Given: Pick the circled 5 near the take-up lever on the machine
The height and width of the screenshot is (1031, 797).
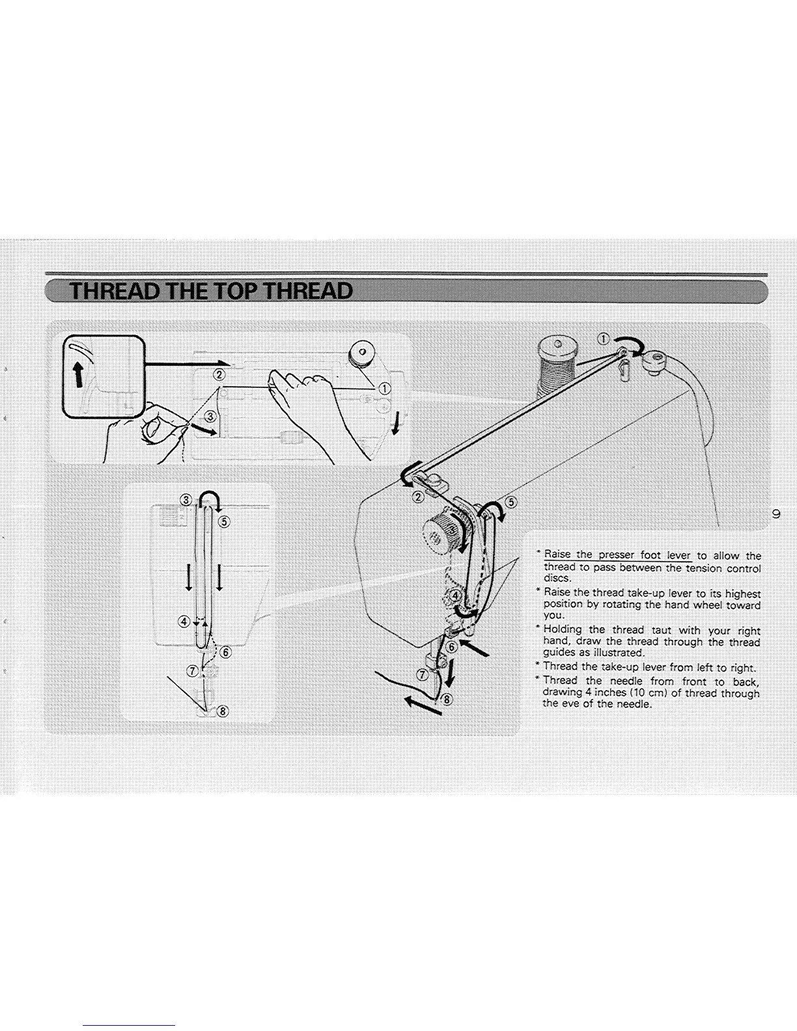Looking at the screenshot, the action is pos(511,502).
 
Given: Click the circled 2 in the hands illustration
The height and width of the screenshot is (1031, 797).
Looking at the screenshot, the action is pos(219,375).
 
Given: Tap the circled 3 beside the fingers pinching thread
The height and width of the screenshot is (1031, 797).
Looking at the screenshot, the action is pos(210,417).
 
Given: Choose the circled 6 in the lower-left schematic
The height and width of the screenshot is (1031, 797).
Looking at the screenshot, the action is pos(225,652).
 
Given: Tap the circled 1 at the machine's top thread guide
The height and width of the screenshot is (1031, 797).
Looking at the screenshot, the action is pos(604,338).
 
